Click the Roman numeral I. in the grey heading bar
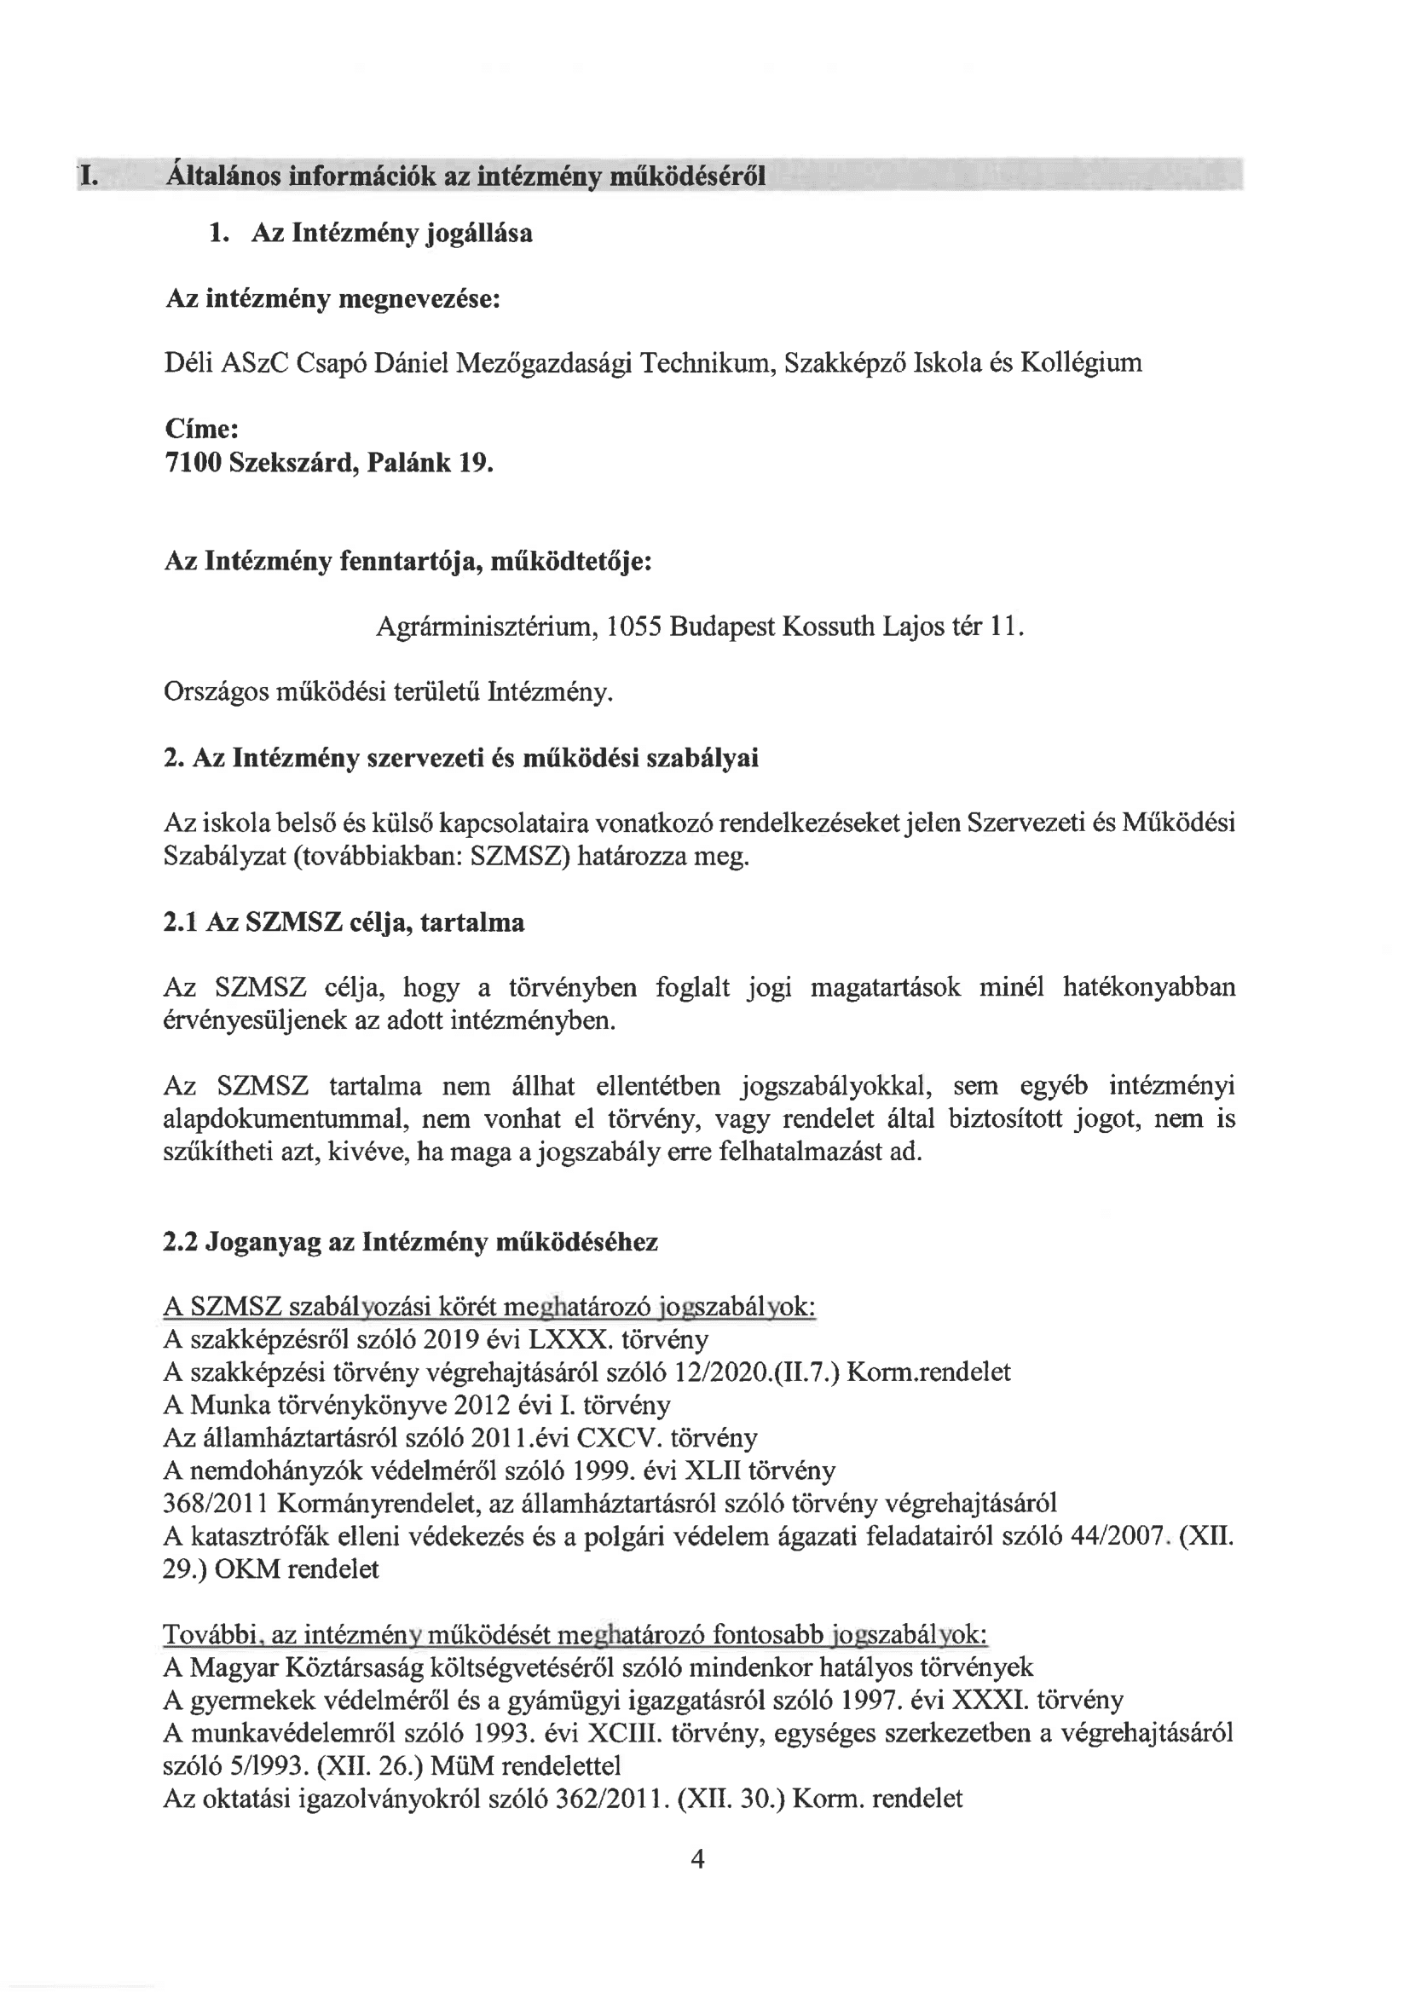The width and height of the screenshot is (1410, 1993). click(x=88, y=177)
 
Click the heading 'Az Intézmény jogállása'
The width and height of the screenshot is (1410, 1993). click(x=391, y=234)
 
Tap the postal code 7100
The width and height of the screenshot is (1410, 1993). click(x=193, y=463)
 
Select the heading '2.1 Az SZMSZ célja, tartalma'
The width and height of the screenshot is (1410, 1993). click(x=344, y=921)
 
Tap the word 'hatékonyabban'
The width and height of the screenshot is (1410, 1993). click(x=1148, y=987)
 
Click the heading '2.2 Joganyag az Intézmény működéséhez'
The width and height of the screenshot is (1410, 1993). click(x=411, y=1242)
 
